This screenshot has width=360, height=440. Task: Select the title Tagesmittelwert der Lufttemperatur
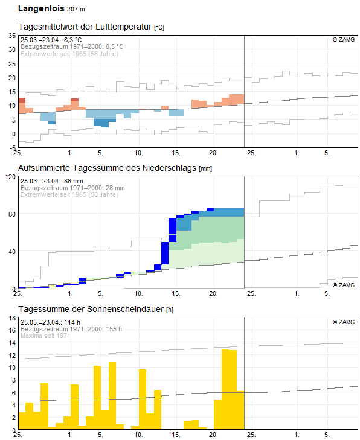[x=86, y=27]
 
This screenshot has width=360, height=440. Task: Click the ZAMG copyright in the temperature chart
[x=343, y=39]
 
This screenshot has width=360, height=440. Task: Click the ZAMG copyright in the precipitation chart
[x=343, y=284]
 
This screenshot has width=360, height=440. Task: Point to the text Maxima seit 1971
[x=47, y=336]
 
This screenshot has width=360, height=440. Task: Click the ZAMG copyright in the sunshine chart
[x=343, y=322]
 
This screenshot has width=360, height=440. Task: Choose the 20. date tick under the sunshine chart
[x=213, y=435]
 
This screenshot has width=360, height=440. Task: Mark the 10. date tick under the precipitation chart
[x=138, y=293]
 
